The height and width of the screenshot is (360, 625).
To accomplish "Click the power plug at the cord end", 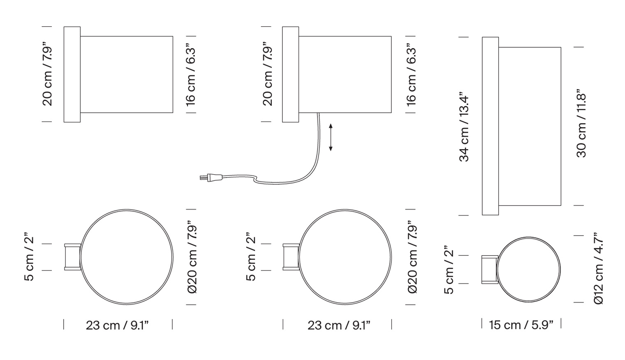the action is coord(211,178).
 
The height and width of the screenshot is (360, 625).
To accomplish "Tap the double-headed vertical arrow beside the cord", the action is coord(331,138).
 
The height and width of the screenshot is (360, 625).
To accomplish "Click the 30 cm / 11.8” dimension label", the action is coord(581,124).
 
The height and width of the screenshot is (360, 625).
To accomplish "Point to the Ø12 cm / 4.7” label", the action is coord(599,268).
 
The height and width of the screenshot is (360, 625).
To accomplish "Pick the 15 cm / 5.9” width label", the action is coord(521,325).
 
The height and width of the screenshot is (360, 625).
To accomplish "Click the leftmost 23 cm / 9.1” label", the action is coord(117,325).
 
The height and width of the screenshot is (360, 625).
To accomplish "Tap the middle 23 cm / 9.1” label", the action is coord(339,325).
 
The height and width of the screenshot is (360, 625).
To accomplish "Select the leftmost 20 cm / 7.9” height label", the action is coord(47,74).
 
